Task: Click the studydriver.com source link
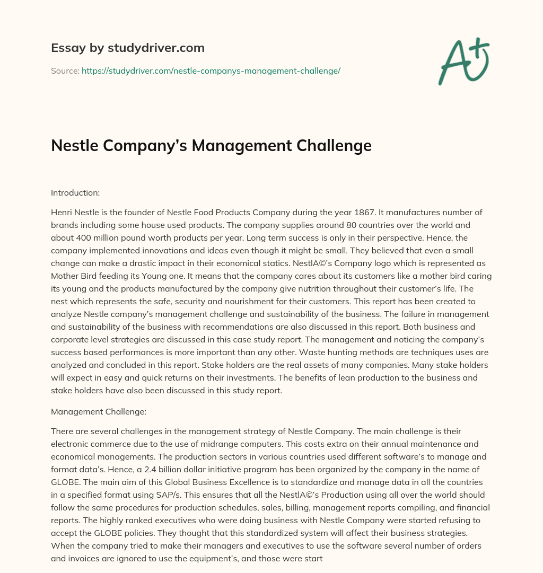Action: [x=211, y=70]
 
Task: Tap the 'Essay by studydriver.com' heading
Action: [x=128, y=48]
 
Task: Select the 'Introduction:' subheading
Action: [x=75, y=193]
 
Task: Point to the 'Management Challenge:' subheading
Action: [x=91, y=411]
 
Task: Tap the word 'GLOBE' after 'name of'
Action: [x=65, y=481]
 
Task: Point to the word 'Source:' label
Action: [x=65, y=70]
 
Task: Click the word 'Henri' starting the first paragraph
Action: [x=62, y=213]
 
